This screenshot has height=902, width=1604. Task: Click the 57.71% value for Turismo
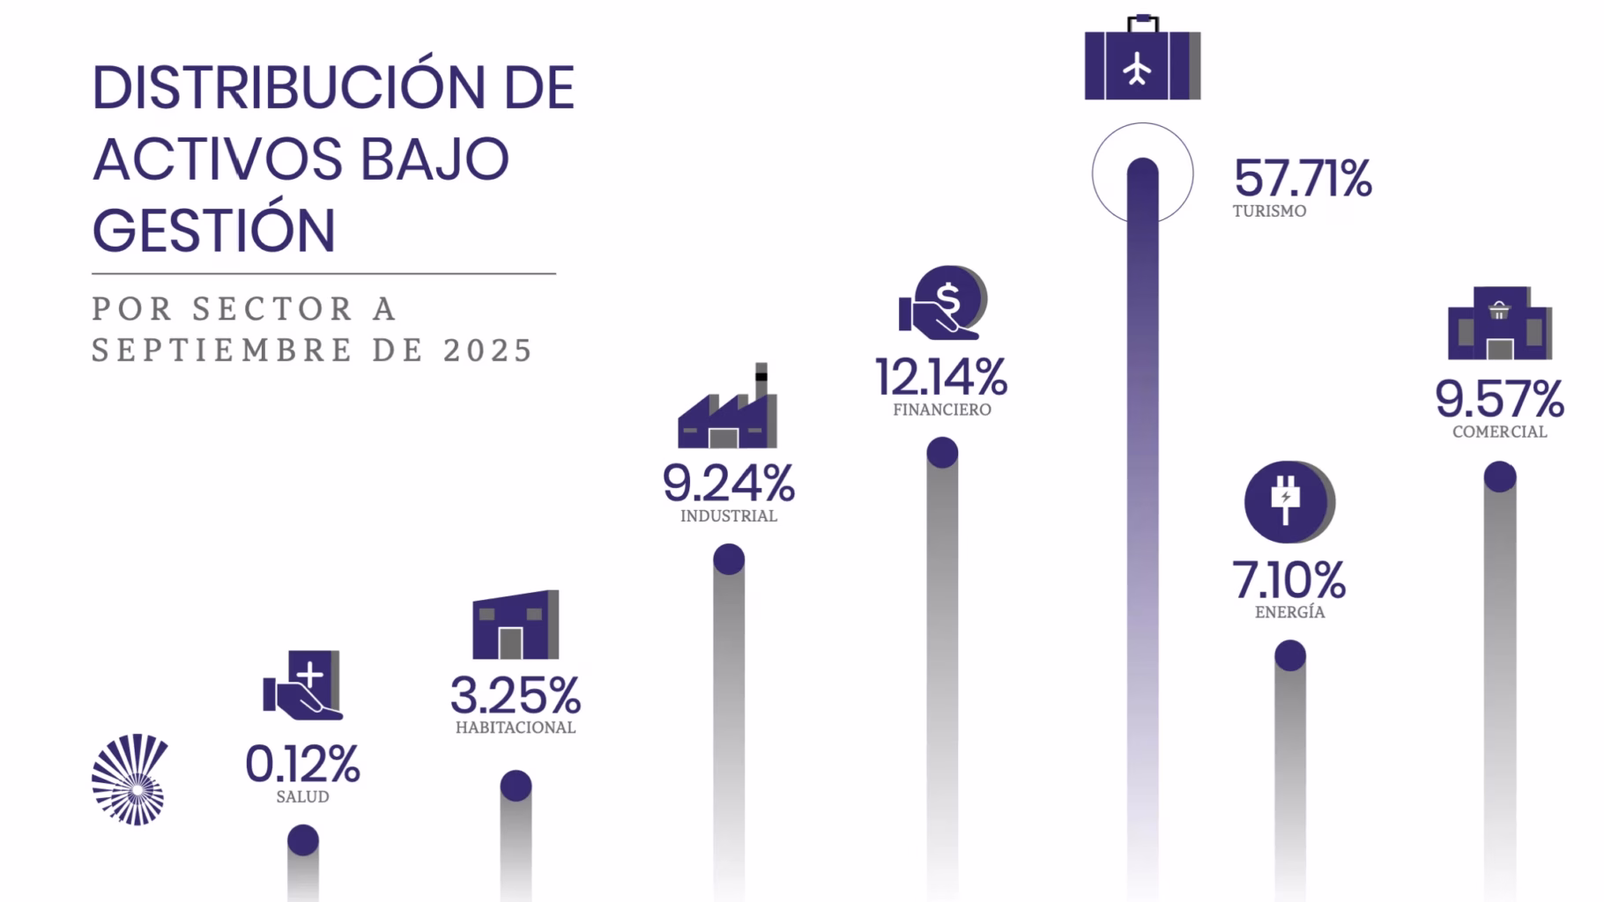[1302, 179]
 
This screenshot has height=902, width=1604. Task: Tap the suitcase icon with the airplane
[1141, 62]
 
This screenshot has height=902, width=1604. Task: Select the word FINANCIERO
[941, 410]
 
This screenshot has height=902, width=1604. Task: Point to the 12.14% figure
[940, 377]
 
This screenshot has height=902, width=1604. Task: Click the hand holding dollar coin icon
[942, 303]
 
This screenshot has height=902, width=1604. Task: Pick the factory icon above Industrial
[728, 410]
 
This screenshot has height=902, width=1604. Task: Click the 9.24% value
[728, 484]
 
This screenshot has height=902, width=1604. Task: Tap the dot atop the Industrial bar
[729, 559]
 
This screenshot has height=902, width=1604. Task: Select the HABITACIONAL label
[516, 728]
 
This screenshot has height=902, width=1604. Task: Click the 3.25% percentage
[516, 696]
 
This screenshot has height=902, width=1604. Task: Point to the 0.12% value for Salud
[302, 764]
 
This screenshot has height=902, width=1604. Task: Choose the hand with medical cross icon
[302, 686]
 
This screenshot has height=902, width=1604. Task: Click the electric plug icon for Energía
[1288, 502]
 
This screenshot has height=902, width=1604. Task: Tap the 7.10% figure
[1288, 580]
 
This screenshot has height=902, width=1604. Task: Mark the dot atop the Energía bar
[1290, 655]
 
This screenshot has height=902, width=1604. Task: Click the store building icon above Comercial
[1499, 324]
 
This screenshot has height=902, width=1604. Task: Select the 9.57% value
[1499, 399]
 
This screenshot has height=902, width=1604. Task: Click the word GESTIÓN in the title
[214, 231]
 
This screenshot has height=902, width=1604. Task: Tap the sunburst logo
[130, 780]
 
